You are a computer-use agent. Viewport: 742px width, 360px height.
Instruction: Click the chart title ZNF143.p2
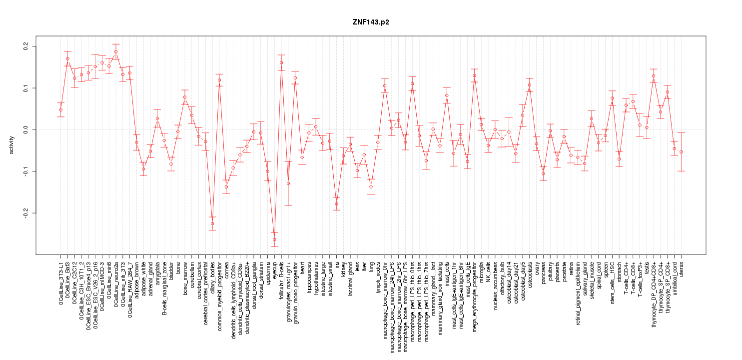[371, 22]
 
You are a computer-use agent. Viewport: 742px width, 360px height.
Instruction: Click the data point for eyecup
[274, 239]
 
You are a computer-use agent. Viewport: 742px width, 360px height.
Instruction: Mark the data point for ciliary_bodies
[212, 223]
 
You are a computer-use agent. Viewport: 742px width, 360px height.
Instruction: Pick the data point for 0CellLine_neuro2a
[116, 51]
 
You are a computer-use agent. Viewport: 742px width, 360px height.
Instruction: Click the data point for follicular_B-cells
[281, 63]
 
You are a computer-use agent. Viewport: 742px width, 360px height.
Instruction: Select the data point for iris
[337, 204]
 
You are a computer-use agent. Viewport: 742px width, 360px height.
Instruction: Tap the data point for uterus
[681, 152]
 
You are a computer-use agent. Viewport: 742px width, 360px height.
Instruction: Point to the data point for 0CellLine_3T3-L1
[60, 110]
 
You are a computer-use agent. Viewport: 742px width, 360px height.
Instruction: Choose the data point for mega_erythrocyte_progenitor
[474, 75]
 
